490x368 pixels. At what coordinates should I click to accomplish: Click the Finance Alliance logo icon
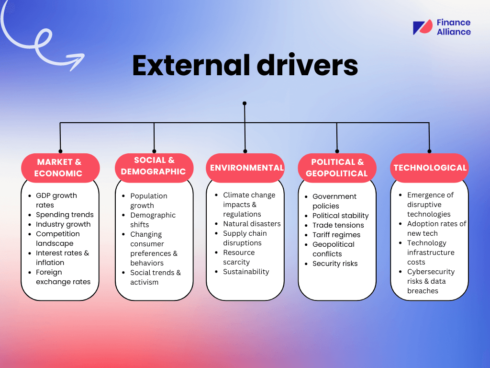[423, 27]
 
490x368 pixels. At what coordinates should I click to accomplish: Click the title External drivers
[245, 65]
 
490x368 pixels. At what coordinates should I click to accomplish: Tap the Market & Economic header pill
[60, 168]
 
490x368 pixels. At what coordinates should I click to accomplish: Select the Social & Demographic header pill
[154, 166]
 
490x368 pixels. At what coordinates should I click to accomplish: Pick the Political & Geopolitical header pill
[337, 168]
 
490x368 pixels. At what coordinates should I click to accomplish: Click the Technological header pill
[430, 168]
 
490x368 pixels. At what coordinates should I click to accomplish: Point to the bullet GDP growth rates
[56, 200]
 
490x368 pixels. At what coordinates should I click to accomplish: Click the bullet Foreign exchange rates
[63, 277]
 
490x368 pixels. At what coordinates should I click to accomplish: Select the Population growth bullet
[149, 201]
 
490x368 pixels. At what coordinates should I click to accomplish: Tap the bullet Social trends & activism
[156, 277]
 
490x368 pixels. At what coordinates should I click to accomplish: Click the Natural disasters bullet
[252, 224]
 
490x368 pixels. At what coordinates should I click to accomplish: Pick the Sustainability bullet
[246, 272]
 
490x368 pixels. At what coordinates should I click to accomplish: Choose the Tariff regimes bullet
[336, 235]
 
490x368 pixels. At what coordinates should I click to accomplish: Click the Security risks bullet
[335, 264]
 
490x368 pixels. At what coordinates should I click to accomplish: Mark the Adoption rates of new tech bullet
[436, 229]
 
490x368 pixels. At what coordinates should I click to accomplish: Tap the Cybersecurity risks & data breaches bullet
[431, 281]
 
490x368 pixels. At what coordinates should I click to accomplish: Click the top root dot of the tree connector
[245, 103]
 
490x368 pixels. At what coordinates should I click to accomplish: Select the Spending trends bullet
[65, 215]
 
